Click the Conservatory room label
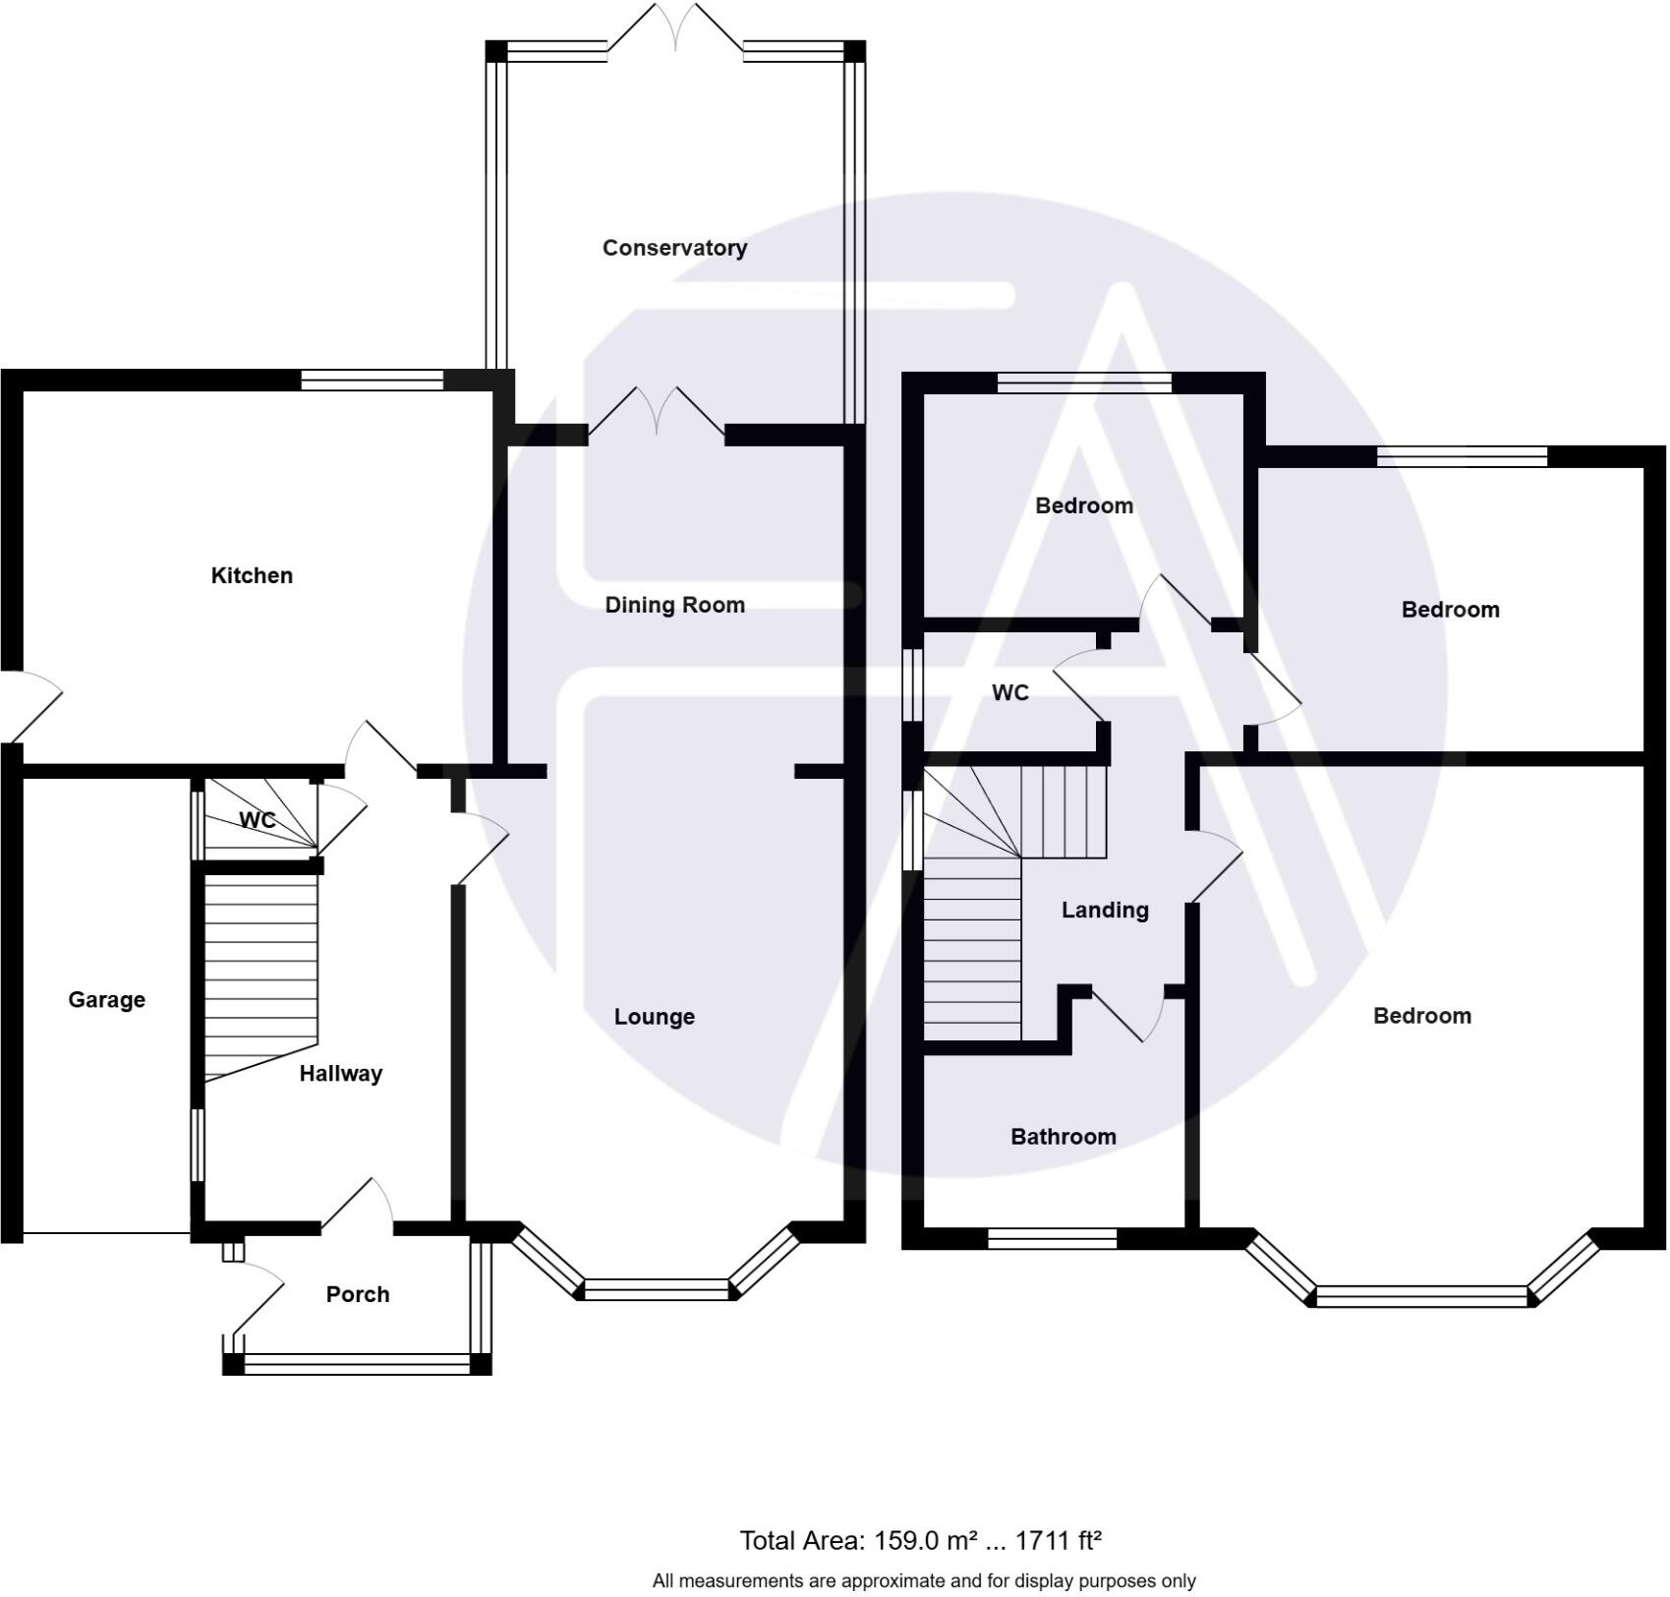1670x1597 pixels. pos(674,248)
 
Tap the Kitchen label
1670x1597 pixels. pos(252,575)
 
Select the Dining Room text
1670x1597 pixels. pos(674,605)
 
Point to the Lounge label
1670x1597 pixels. pos(654,1017)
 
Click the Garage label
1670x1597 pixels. pos(106,1000)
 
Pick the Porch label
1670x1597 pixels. pos(357,1294)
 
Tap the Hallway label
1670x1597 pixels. pos(340,1074)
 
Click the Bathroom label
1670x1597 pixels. pos(1063,1137)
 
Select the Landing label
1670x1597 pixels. pos(1104,911)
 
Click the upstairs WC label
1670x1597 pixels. pos(1009,693)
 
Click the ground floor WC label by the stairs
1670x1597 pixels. pos(257,820)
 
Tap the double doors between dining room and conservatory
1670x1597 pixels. pos(657,413)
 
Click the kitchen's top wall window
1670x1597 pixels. pos(372,381)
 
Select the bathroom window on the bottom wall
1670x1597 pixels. pos(1052,1239)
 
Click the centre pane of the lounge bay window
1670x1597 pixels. pos(656,1289)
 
